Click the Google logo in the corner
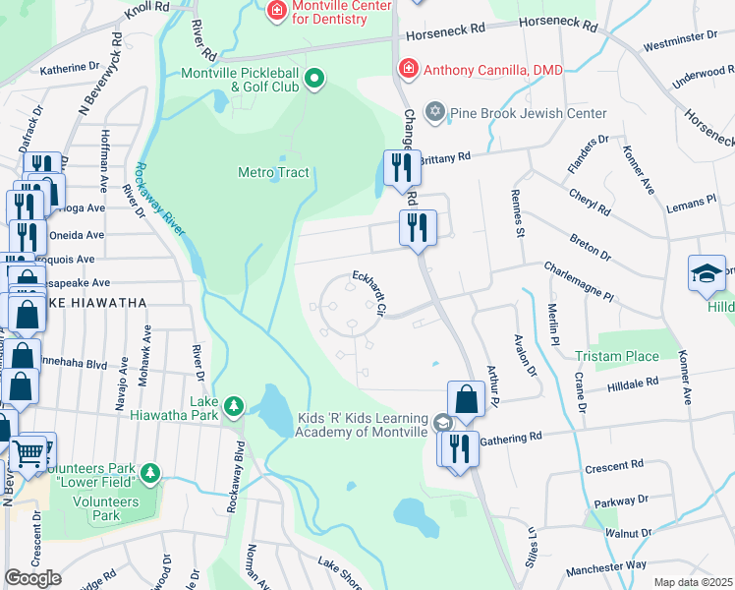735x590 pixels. (32, 578)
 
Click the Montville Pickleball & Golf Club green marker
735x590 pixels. (314, 78)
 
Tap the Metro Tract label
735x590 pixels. (273, 173)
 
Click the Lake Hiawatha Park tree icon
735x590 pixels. (233, 405)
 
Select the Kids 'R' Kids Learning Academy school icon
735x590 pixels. (444, 423)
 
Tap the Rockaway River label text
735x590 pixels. (160, 201)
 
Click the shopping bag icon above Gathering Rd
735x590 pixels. (466, 399)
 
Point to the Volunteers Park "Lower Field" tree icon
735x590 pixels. (150, 475)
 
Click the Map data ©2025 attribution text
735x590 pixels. (693, 582)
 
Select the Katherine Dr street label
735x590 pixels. (71, 70)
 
